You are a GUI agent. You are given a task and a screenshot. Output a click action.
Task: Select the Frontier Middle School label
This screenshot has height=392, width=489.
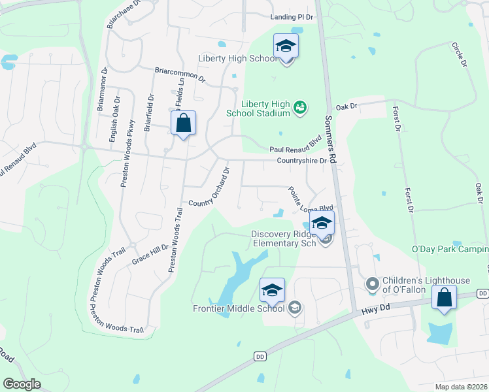239,308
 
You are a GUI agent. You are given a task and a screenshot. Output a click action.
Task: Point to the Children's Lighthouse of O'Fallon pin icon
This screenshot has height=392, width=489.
373,284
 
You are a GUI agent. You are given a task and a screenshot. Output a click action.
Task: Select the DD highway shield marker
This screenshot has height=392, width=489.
260,356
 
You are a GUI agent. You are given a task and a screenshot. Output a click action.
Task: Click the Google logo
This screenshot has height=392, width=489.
22,384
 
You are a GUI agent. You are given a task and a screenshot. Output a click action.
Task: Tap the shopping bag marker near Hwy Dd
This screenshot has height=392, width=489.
444,299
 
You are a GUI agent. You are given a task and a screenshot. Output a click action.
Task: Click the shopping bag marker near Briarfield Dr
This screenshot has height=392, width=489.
184,123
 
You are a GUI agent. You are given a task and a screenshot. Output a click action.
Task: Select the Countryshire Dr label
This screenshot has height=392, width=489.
301,161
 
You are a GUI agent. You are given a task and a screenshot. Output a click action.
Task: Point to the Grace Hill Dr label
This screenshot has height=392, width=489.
150,251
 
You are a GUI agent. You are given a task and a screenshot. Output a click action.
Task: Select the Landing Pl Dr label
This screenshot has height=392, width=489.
292,18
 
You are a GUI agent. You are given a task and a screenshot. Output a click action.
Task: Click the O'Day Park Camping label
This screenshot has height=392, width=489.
450,250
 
